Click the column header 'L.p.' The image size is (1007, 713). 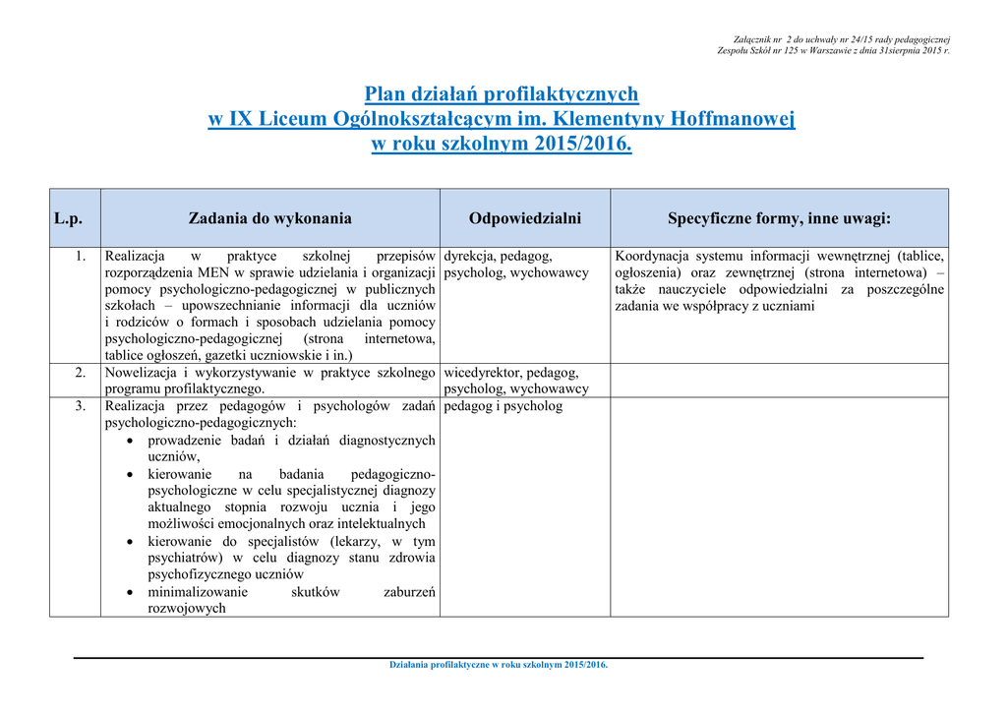point(68,218)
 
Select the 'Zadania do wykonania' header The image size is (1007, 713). point(269,218)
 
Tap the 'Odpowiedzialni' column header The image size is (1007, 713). point(525,218)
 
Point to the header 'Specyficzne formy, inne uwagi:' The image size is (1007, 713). point(779,218)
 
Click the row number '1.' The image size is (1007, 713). point(82,256)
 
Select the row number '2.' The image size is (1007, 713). point(82,373)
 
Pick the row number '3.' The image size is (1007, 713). point(82,406)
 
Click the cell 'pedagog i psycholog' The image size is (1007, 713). point(503,406)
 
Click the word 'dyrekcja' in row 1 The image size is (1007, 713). point(470,256)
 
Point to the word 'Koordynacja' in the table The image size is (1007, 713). point(652,256)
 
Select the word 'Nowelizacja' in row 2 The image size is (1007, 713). point(141,373)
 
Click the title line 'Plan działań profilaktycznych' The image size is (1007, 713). point(502,94)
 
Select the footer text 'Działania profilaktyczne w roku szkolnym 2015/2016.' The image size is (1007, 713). point(500,665)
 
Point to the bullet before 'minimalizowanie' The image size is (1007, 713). point(132,593)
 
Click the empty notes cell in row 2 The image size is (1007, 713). point(779,381)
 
